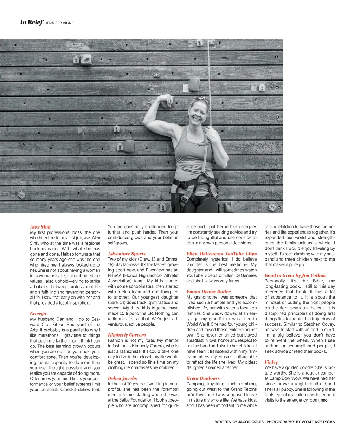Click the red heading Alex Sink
click(40, 227)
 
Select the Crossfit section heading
click(38, 313)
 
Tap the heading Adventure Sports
click(127, 254)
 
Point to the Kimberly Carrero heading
click(127, 335)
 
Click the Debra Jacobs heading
click(122, 378)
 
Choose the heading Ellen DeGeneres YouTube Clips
click(221, 254)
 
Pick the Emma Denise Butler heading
click(208, 292)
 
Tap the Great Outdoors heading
click(203, 378)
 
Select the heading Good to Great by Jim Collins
click(295, 275)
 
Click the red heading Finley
click(271, 362)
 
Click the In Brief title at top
click(32, 23)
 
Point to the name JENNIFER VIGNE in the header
click(59, 23)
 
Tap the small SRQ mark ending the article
click(324, 401)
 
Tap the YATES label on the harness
click(202, 181)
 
